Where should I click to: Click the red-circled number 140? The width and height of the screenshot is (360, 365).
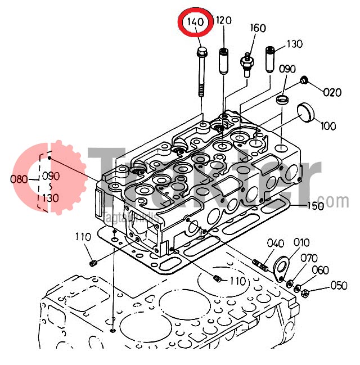[x=195, y=22]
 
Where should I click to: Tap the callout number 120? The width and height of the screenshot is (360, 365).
[x=223, y=21]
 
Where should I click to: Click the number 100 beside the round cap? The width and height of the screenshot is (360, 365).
[x=328, y=127]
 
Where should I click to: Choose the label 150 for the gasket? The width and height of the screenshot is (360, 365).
[x=315, y=206]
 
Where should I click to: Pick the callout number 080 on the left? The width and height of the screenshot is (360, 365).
[x=19, y=180]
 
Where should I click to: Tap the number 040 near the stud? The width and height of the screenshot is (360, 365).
[x=275, y=244]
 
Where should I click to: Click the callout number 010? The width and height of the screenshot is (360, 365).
[x=301, y=243]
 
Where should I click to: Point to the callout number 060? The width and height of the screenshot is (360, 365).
[x=319, y=271]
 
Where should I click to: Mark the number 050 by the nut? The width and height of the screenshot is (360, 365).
[x=338, y=286]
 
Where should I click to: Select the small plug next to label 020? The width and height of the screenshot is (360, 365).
[x=304, y=81]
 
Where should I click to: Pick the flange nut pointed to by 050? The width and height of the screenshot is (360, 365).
[x=304, y=292]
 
